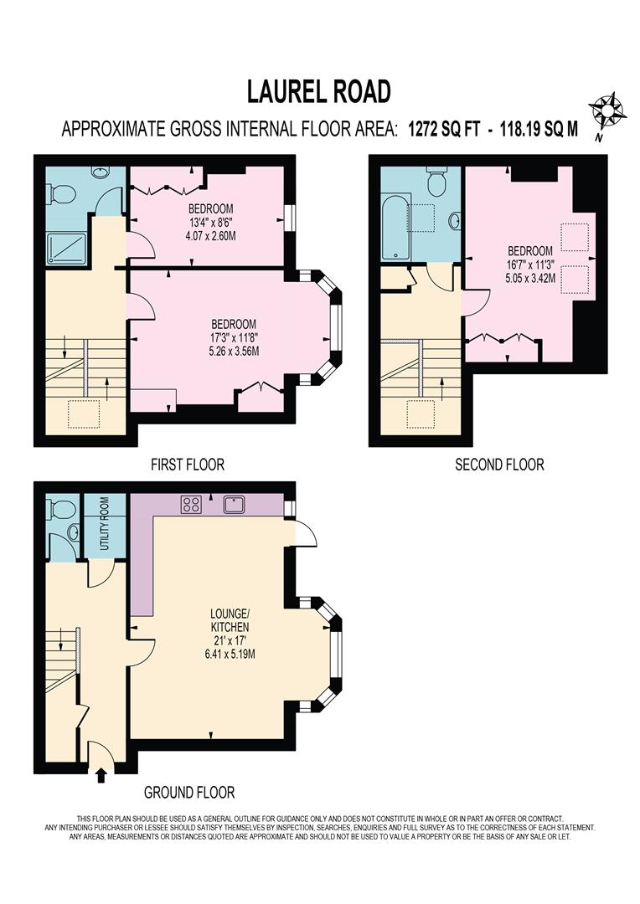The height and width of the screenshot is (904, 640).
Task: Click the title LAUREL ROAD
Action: tap(318, 91)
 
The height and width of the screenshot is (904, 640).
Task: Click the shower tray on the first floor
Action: tap(66, 249)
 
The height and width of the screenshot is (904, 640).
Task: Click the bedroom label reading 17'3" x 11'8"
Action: tap(234, 337)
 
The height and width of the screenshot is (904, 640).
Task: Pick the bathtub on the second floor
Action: tap(396, 228)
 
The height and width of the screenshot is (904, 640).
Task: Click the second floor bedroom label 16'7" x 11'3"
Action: tap(529, 264)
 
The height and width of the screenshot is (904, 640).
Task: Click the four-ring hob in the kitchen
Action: tap(190, 505)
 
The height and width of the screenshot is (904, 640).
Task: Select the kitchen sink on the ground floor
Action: tap(234, 505)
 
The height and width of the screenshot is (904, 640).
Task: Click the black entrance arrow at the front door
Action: tap(101, 775)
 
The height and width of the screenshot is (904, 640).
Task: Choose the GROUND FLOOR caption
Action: tap(189, 792)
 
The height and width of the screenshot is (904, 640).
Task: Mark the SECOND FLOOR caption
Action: tap(499, 464)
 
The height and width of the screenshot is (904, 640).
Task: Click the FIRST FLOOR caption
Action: tap(187, 464)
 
